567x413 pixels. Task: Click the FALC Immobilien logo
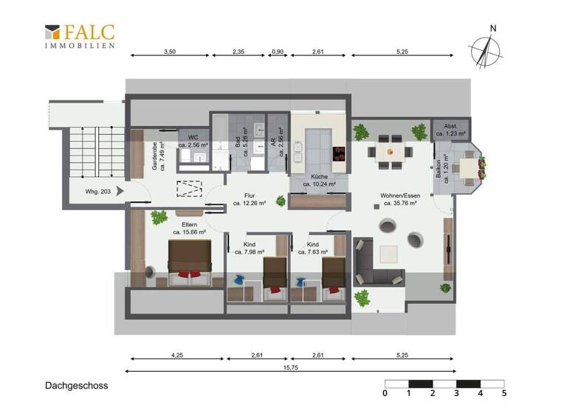click(80, 36)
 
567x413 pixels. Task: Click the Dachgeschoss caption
click(77, 385)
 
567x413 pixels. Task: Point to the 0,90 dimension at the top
click(278, 52)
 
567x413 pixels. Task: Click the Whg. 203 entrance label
click(98, 192)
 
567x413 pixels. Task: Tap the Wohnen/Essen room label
click(399, 199)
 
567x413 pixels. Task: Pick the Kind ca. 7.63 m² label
click(312, 248)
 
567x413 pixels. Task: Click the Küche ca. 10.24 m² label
click(319, 181)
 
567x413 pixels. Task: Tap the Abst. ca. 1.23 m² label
click(450, 131)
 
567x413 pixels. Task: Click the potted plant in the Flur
click(280, 200)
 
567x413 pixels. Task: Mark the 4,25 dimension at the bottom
click(177, 355)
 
